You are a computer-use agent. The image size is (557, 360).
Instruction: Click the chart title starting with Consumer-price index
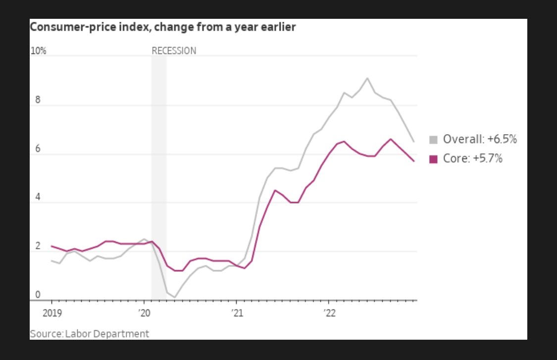pos(163,27)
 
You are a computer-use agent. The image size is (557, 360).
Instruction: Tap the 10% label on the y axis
pos(39,51)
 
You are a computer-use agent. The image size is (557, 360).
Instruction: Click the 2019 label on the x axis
pos(51,312)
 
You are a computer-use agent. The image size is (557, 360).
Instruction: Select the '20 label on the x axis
pos(144,312)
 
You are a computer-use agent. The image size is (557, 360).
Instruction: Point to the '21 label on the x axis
pos(237,312)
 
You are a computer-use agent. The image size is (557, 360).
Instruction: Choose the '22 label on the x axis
pos(329,312)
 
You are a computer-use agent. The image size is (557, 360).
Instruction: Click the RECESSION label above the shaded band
pos(174,51)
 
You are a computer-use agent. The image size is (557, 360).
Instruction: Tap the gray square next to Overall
pos(434,140)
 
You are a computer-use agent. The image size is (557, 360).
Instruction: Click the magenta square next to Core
pos(434,159)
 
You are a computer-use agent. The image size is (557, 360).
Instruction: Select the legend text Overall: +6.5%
pos(480,140)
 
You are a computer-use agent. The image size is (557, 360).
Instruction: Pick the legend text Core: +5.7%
pos(473,159)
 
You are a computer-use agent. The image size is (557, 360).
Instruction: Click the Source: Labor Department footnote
pos(90,334)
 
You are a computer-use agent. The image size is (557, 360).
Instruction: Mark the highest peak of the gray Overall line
pos(367,78)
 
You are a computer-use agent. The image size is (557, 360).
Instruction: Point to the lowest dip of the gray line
pos(175,297)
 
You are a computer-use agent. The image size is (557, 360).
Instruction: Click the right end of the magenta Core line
pos(414,161)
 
